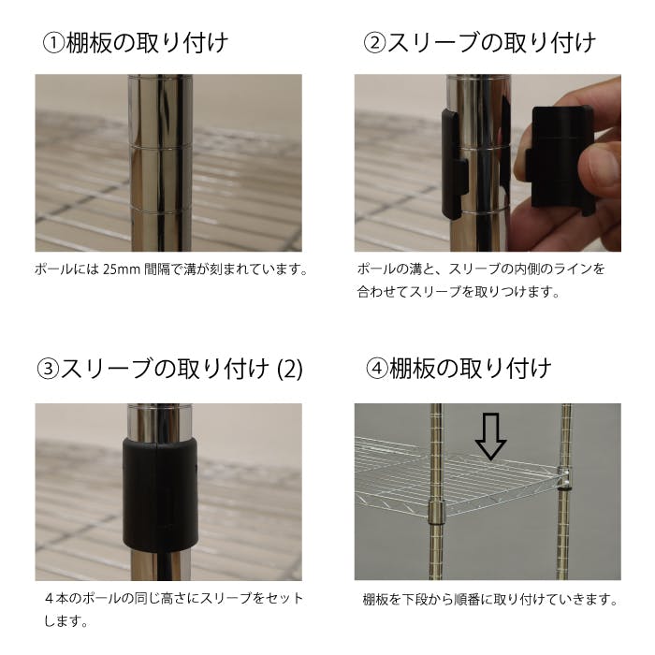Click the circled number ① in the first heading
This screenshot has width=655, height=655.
tap(54, 44)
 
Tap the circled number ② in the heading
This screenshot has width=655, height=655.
tap(374, 44)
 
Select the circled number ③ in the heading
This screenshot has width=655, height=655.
tap(48, 370)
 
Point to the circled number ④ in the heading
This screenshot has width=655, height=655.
tap(377, 370)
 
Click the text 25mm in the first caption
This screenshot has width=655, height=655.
tap(121, 269)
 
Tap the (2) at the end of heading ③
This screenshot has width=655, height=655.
tap(290, 370)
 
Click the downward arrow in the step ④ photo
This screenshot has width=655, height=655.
tap(491, 436)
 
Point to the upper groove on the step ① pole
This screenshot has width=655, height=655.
tap(160, 147)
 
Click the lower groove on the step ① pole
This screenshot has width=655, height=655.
tap(160, 211)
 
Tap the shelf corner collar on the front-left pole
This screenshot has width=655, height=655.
tap(437, 512)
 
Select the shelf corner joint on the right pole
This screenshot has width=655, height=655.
tap(564, 478)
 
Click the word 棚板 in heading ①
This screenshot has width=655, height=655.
tap(89, 44)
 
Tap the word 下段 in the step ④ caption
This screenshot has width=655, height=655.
tap(414, 600)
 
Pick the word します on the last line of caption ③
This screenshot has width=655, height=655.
tap(63, 621)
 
